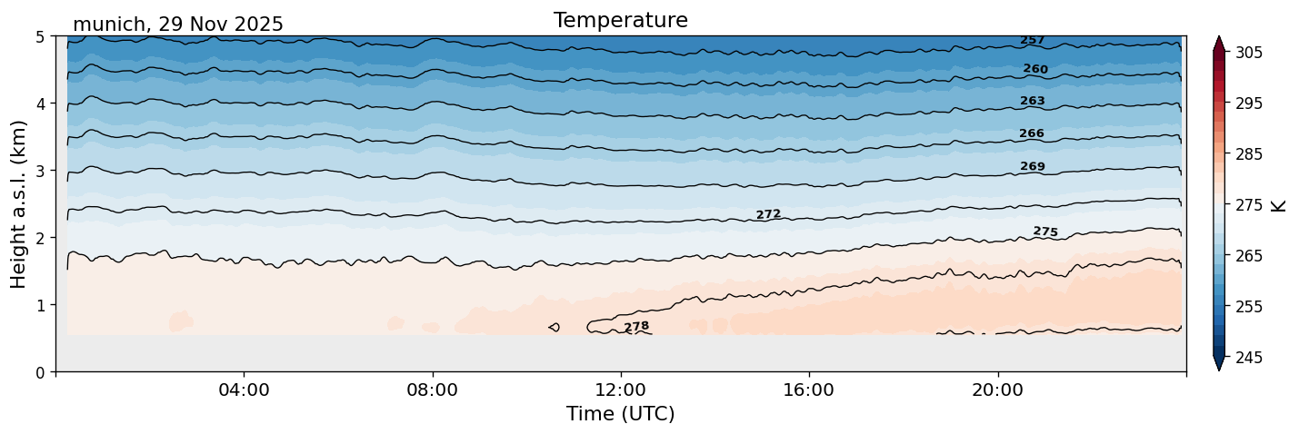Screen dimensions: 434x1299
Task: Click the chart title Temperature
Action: point(620,20)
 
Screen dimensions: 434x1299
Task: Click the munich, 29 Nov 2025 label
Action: point(177,25)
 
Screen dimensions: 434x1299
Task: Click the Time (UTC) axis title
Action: point(620,414)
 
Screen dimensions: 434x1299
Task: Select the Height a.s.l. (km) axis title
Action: point(19,203)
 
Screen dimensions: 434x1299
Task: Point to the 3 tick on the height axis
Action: point(41,171)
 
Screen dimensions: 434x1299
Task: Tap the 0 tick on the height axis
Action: point(41,372)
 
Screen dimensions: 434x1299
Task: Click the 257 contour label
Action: point(1032,40)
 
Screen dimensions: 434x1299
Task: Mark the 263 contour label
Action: point(1032,101)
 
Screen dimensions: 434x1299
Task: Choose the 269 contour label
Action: point(1032,166)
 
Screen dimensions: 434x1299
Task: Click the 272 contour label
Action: point(768,214)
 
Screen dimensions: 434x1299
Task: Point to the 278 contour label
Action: point(636,326)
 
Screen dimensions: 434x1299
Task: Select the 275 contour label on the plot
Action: point(1045,232)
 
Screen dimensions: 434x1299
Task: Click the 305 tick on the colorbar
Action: point(1246,53)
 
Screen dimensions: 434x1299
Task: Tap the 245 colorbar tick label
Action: point(1246,358)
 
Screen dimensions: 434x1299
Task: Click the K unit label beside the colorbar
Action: point(1279,204)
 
